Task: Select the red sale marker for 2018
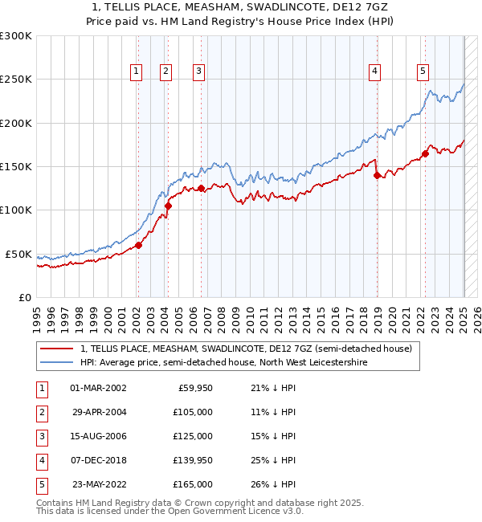[377, 175]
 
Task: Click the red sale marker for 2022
[425, 154]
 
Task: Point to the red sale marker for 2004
[169, 206]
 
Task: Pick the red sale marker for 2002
[138, 246]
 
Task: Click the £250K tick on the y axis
[15, 80]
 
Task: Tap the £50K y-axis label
[18, 254]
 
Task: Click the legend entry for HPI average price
[223, 362]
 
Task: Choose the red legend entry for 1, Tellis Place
[246, 349]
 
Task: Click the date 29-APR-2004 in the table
[99, 412]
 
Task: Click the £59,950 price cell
[193, 388]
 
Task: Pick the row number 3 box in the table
[39, 436]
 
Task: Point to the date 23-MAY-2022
[99, 484]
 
